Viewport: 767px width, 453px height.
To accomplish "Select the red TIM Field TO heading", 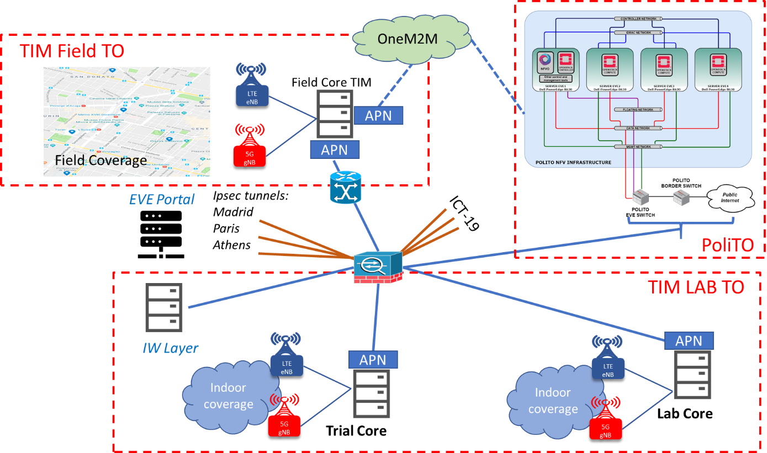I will click(x=72, y=51).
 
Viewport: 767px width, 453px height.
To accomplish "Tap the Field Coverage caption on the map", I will click(x=101, y=160).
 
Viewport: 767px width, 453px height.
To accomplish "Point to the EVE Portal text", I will click(x=161, y=199).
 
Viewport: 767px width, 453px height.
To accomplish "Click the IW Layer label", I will click(x=170, y=348).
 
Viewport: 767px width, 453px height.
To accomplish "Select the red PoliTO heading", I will click(x=727, y=245).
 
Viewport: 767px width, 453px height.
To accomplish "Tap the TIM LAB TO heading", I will click(x=696, y=287).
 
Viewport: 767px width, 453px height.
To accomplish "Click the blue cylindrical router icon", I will click(x=346, y=188).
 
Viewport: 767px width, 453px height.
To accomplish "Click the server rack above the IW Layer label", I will click(x=163, y=307).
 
